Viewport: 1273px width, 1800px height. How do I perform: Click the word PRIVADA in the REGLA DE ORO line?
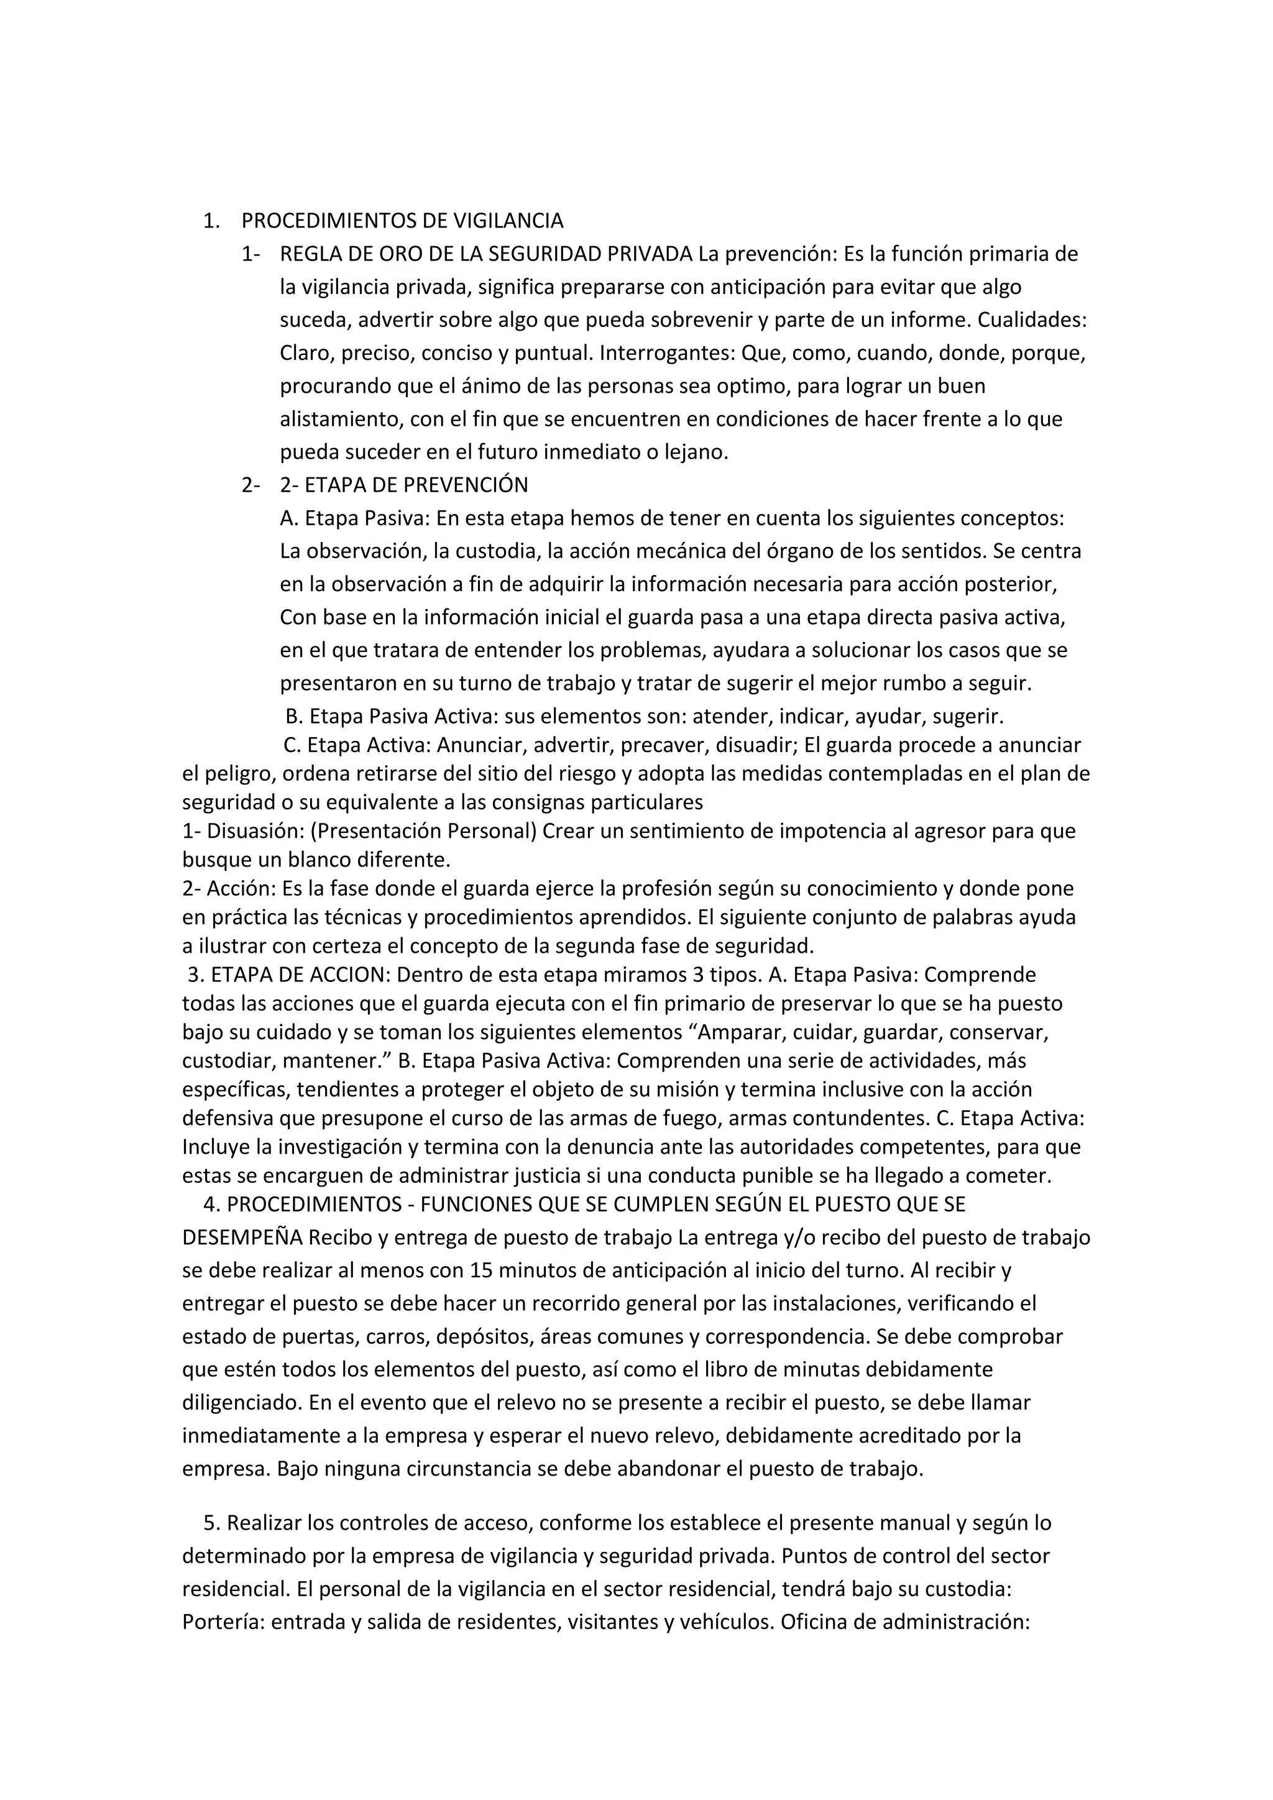[x=651, y=254]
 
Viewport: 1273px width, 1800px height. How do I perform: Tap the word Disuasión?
[x=254, y=831]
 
